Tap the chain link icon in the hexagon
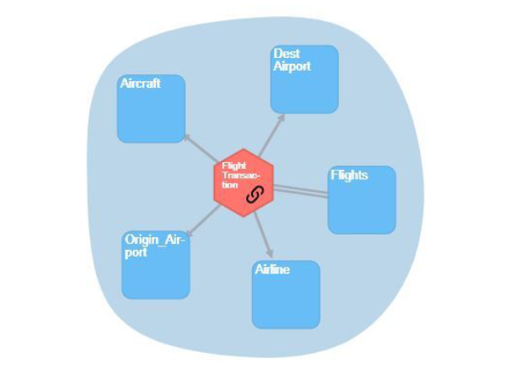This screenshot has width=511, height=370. [253, 195]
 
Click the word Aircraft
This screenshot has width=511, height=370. [140, 84]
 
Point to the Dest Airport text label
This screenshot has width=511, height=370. [292, 60]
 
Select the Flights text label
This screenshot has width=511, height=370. [349, 175]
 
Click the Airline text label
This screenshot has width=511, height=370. [273, 269]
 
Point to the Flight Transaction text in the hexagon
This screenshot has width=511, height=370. [234, 175]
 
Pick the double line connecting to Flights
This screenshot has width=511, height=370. [300, 192]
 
